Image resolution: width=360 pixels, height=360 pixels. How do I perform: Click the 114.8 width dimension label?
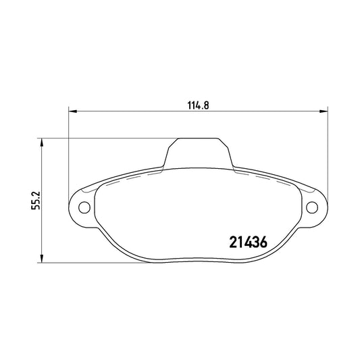click(198, 105)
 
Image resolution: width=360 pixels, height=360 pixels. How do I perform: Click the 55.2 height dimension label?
click(36, 200)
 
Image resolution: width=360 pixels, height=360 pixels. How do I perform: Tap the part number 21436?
click(248, 242)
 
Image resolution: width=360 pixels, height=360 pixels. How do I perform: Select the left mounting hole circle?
click(84, 207)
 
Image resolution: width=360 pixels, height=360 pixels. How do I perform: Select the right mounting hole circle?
click(312, 207)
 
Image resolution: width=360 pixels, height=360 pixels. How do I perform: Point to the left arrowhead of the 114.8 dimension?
click(72, 111)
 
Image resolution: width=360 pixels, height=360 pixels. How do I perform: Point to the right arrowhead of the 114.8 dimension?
click(324, 111)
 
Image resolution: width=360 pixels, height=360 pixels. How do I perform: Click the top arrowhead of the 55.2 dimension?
click(42, 142)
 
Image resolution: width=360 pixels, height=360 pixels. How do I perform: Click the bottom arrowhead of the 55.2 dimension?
click(42, 259)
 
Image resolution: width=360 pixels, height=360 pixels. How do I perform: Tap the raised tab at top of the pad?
click(199, 153)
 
